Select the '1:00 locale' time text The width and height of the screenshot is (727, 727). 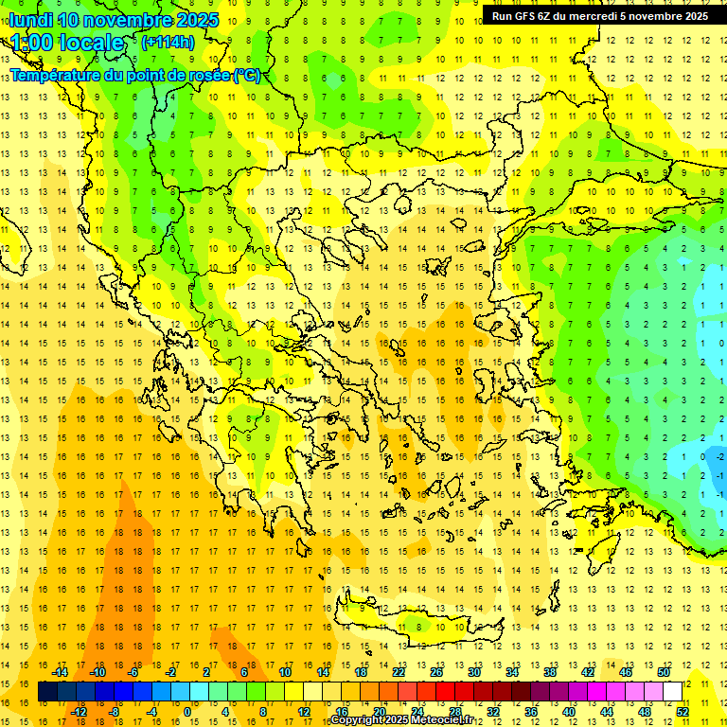[x=66, y=43]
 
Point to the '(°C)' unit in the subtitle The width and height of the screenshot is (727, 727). [x=247, y=75]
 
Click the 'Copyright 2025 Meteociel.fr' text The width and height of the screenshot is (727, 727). [x=401, y=719]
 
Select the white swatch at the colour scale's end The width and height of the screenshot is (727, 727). [x=673, y=692]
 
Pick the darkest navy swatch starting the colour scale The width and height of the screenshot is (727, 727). [x=48, y=692]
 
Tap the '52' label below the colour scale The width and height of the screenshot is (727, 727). [x=683, y=712]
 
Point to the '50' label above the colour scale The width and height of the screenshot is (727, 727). [x=663, y=672]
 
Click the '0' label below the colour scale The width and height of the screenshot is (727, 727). [x=186, y=712]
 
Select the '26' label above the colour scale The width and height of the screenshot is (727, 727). [x=436, y=672]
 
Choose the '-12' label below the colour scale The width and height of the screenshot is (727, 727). [x=79, y=712]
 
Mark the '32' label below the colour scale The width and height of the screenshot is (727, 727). [x=493, y=712]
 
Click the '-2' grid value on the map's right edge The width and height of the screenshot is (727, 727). [x=720, y=456]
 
